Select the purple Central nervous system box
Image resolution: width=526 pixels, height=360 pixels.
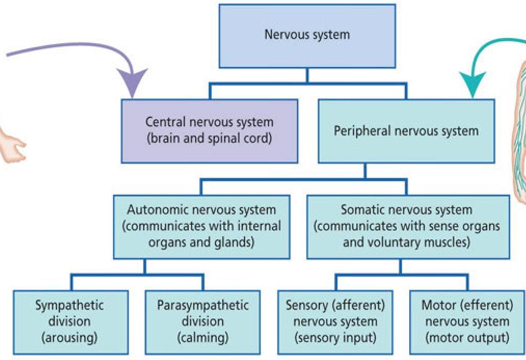click(209, 131)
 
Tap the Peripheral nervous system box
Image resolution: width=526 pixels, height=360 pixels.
click(406, 131)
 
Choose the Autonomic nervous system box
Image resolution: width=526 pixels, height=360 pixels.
click(202, 227)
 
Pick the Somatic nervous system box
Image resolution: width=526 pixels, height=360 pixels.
click(408, 227)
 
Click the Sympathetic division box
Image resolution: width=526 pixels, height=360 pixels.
click(70, 322)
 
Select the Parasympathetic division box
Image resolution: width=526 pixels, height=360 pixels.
click(202, 322)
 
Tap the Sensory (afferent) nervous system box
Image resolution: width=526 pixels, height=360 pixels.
click(335, 322)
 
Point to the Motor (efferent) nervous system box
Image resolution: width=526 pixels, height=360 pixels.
click(467, 322)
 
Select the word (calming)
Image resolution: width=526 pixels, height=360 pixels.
click(202, 338)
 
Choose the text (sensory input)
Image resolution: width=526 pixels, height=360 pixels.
click(335, 338)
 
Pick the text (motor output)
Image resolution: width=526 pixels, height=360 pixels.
click(467, 338)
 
